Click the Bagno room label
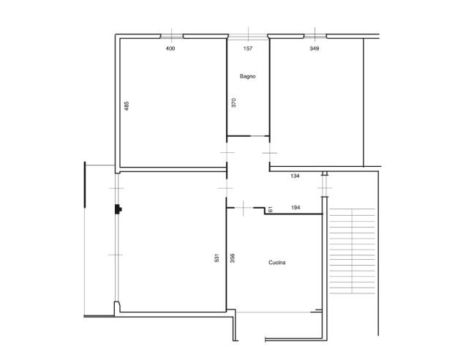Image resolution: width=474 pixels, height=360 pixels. click(x=247, y=77)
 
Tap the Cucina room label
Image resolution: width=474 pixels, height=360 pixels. click(x=277, y=263)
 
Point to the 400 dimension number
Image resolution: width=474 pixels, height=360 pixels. click(x=170, y=48)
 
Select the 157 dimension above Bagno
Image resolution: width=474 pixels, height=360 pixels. click(x=248, y=48)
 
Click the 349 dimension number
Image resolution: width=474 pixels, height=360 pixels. click(x=315, y=48)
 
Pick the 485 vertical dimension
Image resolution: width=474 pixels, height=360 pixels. click(x=127, y=106)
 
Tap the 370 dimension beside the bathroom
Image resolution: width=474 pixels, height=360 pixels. click(x=233, y=102)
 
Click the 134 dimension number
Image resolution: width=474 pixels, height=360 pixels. click(x=295, y=176)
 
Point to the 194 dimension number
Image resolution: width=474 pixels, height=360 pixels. click(x=296, y=207)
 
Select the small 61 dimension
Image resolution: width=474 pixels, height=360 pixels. click(x=271, y=209)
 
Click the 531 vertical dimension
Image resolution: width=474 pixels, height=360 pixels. click(x=217, y=258)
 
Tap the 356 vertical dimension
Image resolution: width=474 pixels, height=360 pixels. click(x=233, y=258)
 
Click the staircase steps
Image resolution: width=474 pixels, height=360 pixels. click(x=352, y=251)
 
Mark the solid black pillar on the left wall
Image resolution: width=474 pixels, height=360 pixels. click(x=118, y=209)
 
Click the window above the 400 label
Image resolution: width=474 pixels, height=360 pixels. click(x=172, y=37)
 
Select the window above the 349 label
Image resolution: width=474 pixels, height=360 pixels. click(x=315, y=37)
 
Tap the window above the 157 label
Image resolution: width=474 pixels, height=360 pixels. click(x=248, y=37)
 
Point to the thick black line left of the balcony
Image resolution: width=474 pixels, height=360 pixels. click(x=85, y=184)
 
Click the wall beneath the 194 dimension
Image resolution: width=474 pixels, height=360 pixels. click(x=294, y=214)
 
